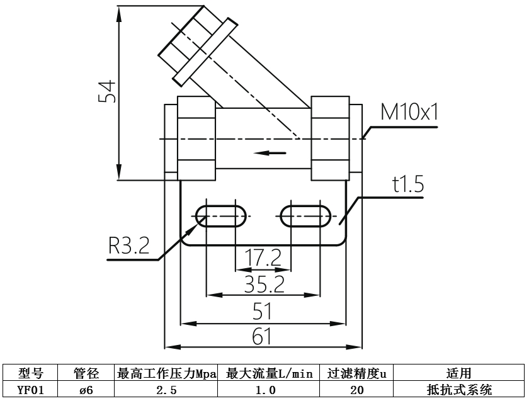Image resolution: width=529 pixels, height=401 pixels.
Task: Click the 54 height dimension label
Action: coord(108,93)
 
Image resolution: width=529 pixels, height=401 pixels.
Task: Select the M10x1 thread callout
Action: coord(409,113)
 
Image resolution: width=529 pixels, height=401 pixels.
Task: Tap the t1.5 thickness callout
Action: coord(407,185)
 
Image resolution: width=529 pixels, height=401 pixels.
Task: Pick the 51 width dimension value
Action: coord(263,311)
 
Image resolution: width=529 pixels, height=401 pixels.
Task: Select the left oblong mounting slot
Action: coord(221,216)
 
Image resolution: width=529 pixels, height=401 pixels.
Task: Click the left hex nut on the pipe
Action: coord(197,138)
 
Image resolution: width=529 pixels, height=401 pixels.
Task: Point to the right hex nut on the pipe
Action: coord(330,138)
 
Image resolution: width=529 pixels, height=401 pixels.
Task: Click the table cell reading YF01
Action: coord(30,390)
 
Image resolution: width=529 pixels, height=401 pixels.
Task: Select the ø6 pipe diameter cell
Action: coord(86,390)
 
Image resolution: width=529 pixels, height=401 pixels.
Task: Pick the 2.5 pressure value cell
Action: coord(166,390)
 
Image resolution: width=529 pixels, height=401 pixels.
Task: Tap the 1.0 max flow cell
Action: coord(269,390)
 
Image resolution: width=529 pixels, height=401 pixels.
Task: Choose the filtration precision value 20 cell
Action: coord(357,390)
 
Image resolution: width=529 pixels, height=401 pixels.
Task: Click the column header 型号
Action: coord(30,374)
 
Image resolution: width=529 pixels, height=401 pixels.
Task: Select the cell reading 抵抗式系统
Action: coord(458,390)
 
